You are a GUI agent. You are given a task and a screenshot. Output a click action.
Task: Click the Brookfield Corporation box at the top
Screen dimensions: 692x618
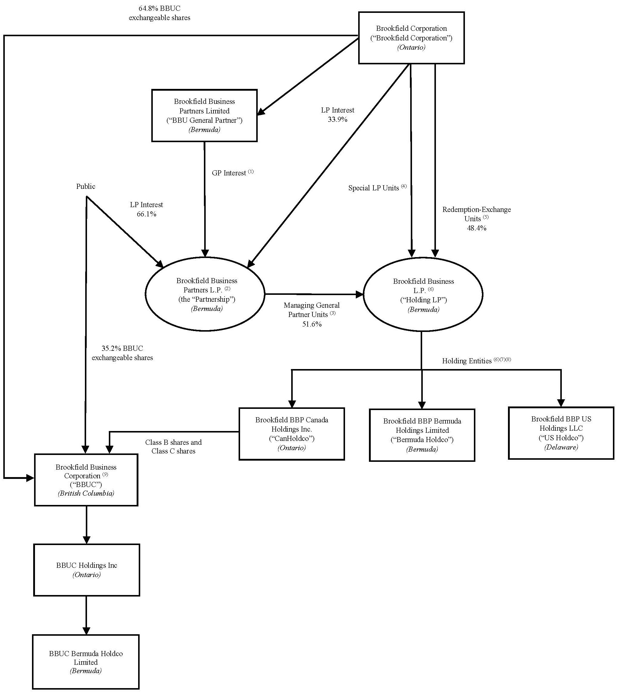click(411, 38)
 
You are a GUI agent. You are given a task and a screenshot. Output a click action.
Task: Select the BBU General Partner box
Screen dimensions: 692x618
click(204, 116)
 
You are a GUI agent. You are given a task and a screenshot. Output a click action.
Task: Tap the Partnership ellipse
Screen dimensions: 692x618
click(205, 294)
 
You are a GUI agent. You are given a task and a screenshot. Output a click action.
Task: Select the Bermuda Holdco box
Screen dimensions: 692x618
click(422, 435)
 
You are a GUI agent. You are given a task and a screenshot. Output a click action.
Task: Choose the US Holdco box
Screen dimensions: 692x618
click(561, 433)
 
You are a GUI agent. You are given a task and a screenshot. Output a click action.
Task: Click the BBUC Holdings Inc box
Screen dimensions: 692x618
click(87, 570)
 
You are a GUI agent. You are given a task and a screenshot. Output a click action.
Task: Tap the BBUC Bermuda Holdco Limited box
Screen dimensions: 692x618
click(86, 661)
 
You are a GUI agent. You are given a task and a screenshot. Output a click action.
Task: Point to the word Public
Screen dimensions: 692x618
click(86, 186)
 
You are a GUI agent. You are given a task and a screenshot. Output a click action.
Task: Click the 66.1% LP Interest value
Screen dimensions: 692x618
click(146, 214)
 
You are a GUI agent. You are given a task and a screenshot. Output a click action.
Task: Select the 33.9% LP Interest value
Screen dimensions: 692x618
click(337, 119)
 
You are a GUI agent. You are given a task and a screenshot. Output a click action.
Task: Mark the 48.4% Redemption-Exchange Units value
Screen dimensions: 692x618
click(476, 228)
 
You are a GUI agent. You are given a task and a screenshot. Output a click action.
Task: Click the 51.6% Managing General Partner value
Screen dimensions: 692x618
click(312, 324)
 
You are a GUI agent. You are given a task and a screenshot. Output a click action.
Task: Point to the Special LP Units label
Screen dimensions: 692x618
click(373, 188)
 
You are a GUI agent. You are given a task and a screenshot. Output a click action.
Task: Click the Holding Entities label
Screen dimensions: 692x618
click(466, 361)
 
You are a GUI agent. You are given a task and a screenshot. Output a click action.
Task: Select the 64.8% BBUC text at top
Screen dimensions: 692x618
click(159, 8)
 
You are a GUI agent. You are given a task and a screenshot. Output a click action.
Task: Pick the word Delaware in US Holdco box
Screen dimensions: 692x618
click(561, 447)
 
